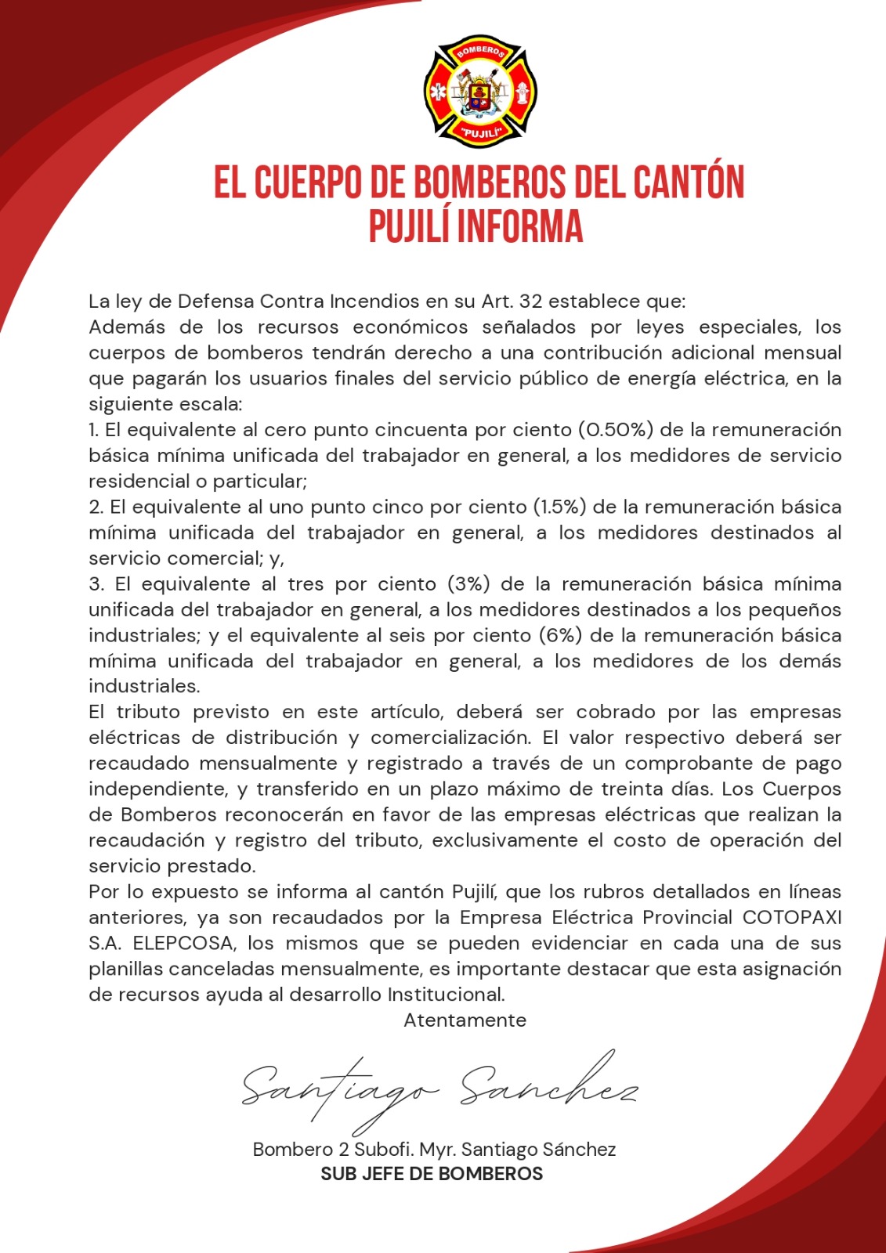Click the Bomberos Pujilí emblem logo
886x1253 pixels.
pos(479,91)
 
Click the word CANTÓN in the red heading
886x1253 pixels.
pos(688,182)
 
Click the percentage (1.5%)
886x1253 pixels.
pos(559,507)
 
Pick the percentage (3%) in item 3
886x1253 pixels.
pos(468,584)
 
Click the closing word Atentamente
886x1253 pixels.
pos(465,1020)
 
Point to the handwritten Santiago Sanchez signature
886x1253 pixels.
pos(439,1089)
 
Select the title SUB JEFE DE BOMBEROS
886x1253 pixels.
pos(432,1174)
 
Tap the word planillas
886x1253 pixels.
pos(125,969)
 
